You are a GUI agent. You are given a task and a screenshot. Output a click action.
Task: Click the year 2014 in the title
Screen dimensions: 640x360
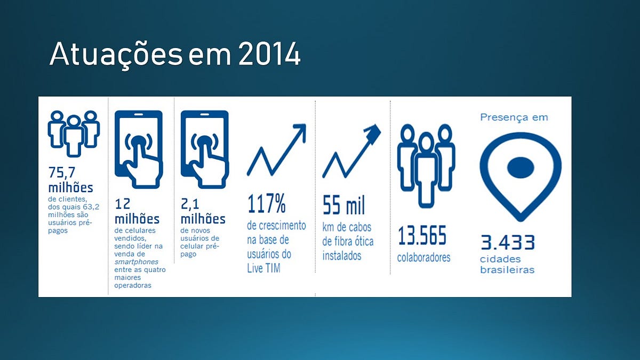tap(269, 54)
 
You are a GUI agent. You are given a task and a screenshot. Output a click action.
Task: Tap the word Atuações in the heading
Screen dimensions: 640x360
tap(116, 54)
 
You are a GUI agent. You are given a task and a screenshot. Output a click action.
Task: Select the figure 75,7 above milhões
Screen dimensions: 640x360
tap(62, 172)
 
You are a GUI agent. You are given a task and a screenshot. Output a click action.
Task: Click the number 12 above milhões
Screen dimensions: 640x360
tap(122, 204)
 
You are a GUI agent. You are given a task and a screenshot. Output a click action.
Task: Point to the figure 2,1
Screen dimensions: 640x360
tap(190, 204)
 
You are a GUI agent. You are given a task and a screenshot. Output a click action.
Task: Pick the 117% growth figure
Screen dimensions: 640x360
tap(267, 203)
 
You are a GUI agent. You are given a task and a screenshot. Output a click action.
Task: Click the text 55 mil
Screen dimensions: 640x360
tap(343, 205)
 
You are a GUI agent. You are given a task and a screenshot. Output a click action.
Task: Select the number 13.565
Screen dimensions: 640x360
tap(422, 235)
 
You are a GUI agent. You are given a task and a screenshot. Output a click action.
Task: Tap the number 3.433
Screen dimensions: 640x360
tap(507, 242)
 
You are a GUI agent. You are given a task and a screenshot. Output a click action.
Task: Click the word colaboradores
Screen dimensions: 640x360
tap(423, 258)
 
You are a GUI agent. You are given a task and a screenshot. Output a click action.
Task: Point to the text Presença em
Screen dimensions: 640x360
tap(514, 117)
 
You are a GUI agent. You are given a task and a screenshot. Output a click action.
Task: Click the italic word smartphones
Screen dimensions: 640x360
tap(137, 262)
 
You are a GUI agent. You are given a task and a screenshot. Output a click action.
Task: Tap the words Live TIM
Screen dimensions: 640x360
tap(263, 268)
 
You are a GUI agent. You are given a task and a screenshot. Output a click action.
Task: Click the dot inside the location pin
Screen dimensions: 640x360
tap(521, 167)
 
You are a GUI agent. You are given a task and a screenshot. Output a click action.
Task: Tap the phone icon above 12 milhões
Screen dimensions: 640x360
tap(139, 149)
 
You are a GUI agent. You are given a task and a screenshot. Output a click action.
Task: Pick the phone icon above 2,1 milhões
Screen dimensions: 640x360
tap(205, 149)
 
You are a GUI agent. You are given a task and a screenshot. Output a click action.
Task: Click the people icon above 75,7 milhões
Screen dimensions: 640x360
tap(74, 134)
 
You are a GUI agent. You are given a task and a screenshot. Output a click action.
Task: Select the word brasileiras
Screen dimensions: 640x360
tap(507, 270)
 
